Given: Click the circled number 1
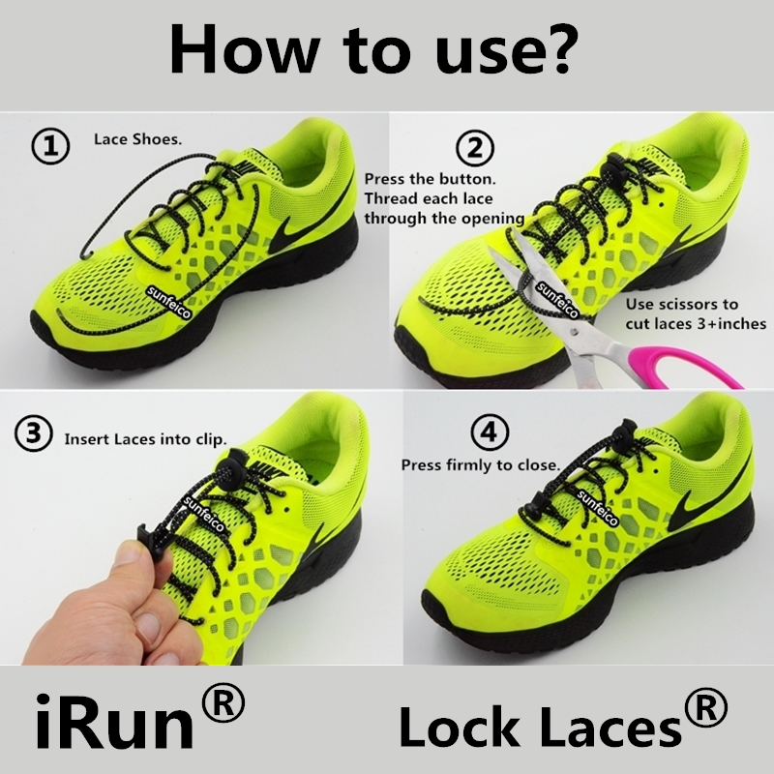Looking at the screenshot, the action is click(x=50, y=147).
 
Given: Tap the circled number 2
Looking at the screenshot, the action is click(x=474, y=148).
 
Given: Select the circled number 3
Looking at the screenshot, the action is click(x=33, y=433).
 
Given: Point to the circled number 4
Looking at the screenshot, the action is click(x=490, y=432).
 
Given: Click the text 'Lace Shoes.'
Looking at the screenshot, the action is click(x=138, y=139).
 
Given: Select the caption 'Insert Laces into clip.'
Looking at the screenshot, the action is click(x=146, y=439).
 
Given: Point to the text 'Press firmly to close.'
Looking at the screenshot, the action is click(x=481, y=465).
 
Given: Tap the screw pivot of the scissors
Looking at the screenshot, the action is click(x=573, y=330).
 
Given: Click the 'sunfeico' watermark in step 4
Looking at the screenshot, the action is click(x=597, y=509).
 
